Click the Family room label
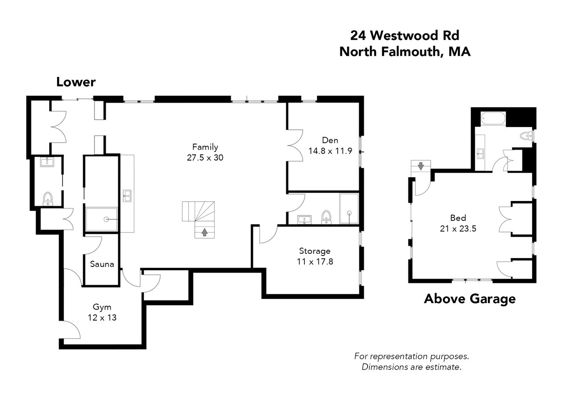click(205, 147)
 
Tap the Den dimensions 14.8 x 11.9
click(330, 151)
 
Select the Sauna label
click(102, 264)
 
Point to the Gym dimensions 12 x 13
click(102, 318)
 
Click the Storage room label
click(314, 251)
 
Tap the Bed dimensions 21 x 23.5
click(458, 229)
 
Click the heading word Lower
click(76, 82)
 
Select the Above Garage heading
click(470, 299)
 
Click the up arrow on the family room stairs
click(205, 232)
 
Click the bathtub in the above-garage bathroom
click(493, 118)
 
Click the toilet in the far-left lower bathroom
click(48, 199)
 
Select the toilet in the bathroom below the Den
click(326, 217)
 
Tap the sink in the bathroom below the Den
click(304, 219)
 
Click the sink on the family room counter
click(127, 196)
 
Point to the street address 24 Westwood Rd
click(405, 36)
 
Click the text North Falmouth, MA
click(405, 52)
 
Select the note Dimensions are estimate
click(412, 367)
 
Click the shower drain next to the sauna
click(106, 219)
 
